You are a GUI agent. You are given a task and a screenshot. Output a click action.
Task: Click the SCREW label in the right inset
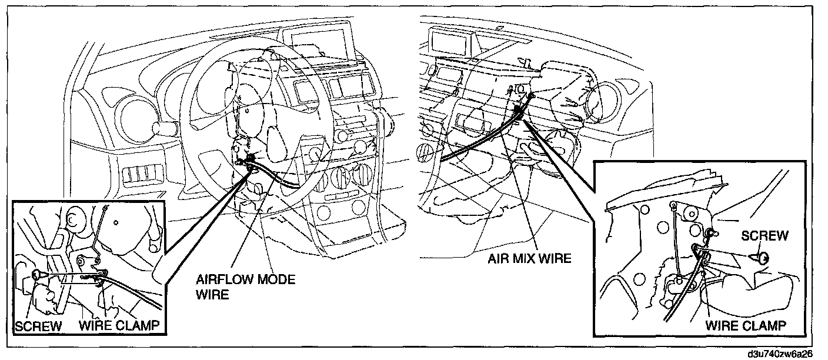tap(764, 236)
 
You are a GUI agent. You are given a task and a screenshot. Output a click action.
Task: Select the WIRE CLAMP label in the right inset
tap(746, 325)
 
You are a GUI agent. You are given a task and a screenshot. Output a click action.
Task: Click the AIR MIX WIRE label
tap(529, 258)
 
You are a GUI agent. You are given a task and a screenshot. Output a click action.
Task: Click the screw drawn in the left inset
tap(38, 274)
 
